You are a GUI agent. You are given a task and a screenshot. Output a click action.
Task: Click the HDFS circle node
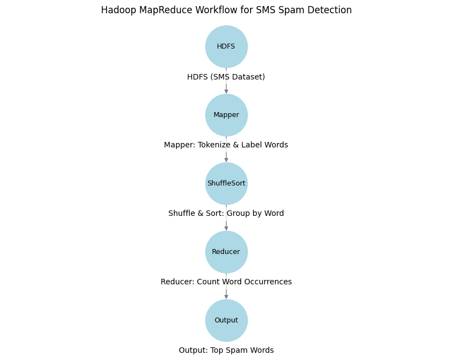click(226, 46)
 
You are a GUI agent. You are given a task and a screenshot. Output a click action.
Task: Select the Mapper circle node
click(226, 115)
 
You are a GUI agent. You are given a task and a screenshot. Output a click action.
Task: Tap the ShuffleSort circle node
click(226, 183)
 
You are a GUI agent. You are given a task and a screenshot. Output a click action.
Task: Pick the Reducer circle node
click(226, 252)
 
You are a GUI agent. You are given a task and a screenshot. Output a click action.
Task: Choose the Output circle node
click(226, 320)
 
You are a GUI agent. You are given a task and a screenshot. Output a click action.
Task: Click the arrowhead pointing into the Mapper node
click(226, 91)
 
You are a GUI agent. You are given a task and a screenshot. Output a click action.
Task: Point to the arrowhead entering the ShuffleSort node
click(226, 160)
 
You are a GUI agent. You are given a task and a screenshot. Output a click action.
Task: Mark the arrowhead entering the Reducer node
click(226, 228)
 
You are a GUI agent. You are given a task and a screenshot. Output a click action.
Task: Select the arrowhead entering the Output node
click(226, 297)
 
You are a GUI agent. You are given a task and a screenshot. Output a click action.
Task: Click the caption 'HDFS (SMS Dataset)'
click(226, 77)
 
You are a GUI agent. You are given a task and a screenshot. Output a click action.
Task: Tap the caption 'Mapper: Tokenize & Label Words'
click(226, 145)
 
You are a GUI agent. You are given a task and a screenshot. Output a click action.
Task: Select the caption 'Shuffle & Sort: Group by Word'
click(226, 214)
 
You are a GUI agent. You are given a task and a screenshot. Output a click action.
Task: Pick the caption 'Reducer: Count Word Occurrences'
click(226, 282)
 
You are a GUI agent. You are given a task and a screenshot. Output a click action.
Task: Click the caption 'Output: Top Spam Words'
click(226, 351)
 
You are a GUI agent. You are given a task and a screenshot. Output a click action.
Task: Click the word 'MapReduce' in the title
click(160, 10)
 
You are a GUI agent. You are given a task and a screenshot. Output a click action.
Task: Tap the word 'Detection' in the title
click(332, 10)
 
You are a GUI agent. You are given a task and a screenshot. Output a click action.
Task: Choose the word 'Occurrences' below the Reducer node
click(268, 282)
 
